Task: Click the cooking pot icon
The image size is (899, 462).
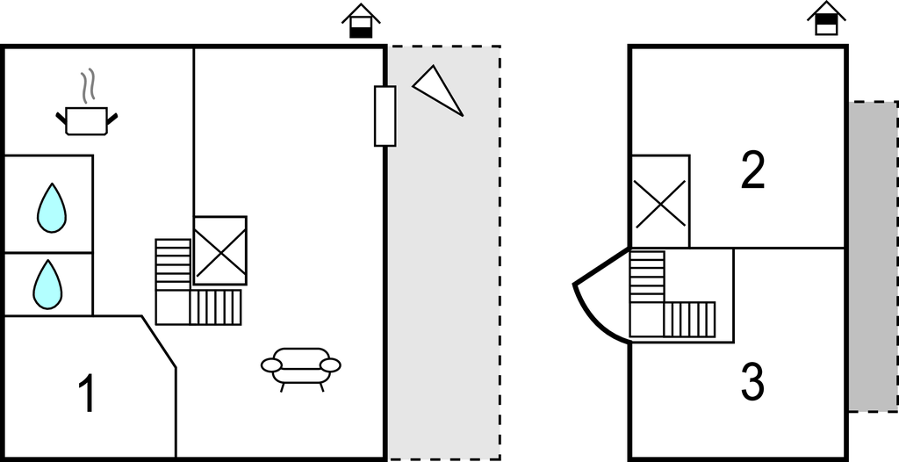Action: tap(87, 120)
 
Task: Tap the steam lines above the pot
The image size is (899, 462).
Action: tap(87, 86)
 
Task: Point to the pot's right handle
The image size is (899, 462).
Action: tap(112, 119)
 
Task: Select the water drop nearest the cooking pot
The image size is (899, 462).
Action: tap(52, 208)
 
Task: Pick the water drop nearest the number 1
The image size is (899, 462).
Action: tap(47, 285)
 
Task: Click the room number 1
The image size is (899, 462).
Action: tap(87, 393)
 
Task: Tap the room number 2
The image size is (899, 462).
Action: tap(752, 170)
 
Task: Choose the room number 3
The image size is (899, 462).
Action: tap(752, 383)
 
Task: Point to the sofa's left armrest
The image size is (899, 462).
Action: tap(271, 365)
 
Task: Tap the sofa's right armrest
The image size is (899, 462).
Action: tap(330, 365)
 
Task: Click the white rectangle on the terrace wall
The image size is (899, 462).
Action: tap(385, 116)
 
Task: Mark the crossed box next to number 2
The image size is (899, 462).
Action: tap(660, 201)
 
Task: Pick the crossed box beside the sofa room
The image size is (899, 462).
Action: tap(220, 250)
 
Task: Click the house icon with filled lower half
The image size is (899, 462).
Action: tap(361, 21)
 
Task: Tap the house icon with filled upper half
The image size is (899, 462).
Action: tap(827, 18)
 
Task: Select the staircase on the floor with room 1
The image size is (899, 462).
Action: tap(198, 282)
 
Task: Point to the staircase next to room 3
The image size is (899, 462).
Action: tap(672, 294)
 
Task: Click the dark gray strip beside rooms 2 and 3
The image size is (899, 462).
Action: tap(874, 256)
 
